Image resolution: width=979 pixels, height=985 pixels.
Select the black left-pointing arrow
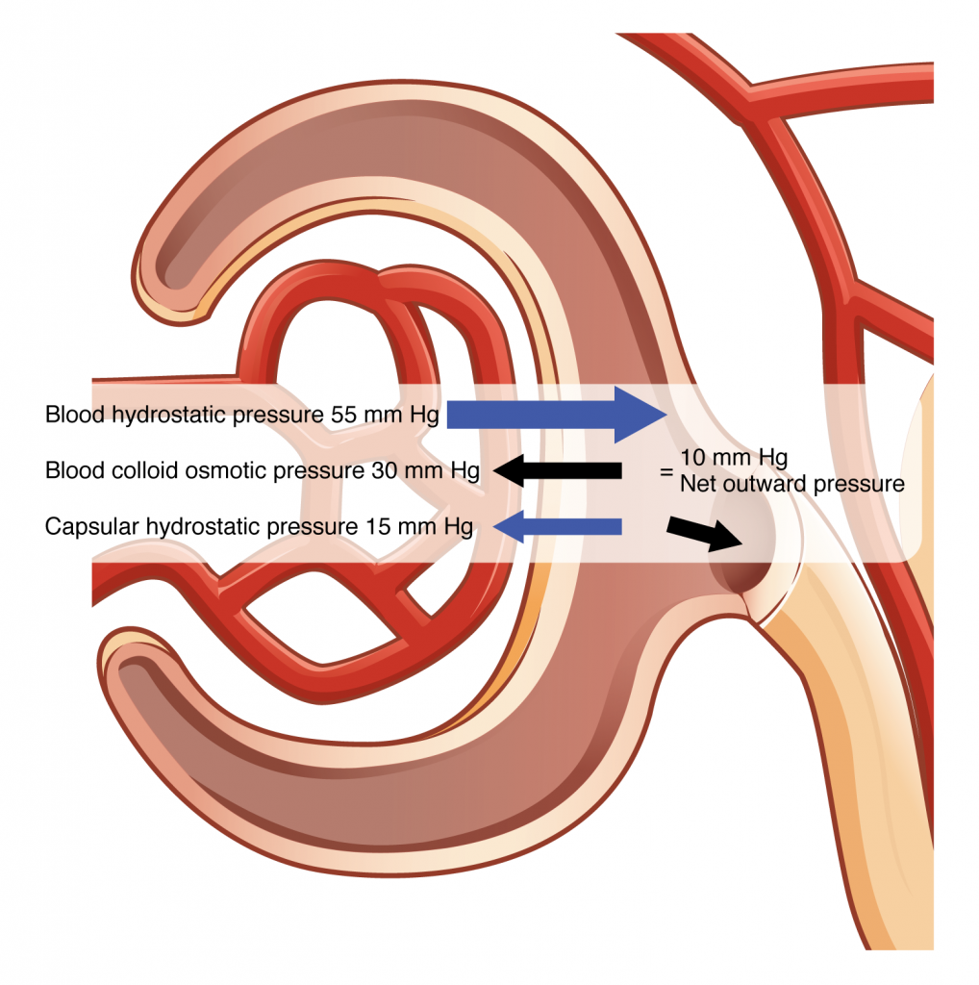point(558,470)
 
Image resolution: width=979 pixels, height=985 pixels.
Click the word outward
point(764,484)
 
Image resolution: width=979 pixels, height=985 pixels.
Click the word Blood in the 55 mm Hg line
point(69,416)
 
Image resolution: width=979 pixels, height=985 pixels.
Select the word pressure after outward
point(858,484)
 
